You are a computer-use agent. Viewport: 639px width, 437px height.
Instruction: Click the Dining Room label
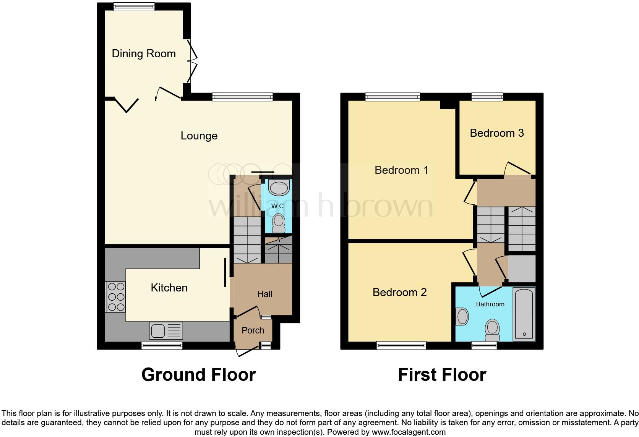[144, 53]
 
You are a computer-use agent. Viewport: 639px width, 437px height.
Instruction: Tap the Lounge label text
[199, 136]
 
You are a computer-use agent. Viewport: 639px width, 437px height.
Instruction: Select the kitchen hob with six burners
[115, 296]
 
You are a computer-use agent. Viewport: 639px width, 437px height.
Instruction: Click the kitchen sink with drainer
[167, 331]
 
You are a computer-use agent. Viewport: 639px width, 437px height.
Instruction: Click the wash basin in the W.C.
[279, 187]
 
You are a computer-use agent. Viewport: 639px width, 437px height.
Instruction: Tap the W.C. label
[278, 206]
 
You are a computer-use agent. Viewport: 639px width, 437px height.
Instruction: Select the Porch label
[253, 330]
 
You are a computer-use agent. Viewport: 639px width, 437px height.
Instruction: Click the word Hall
[264, 294]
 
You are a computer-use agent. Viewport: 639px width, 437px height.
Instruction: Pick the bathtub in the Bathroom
[524, 314]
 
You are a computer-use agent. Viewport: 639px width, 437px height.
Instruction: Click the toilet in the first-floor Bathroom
[492, 330]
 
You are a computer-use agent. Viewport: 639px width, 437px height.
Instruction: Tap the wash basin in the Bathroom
[462, 317]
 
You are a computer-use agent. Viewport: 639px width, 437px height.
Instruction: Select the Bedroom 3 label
[496, 133]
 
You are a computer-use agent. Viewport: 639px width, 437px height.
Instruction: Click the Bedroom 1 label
[401, 170]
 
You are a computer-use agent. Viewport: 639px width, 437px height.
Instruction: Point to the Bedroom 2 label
[399, 292]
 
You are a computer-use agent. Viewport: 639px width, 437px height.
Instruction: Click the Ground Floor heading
[198, 375]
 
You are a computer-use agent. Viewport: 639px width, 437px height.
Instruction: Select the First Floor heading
[442, 375]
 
